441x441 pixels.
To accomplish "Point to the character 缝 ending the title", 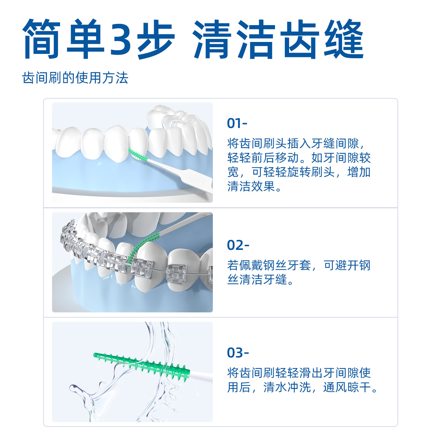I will pos(344,39).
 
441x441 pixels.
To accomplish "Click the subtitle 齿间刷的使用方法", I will pos(75,78).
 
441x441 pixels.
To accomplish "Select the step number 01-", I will pos(237,123).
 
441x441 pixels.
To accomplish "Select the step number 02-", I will pos(238,245).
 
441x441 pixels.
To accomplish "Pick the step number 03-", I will pos(238,352).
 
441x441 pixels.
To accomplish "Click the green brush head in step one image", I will pos(138,155).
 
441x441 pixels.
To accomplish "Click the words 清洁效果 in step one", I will pos(251,186).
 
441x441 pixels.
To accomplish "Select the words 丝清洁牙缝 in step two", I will pos(257,280).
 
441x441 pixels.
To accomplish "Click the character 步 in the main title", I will pos(156,39).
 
